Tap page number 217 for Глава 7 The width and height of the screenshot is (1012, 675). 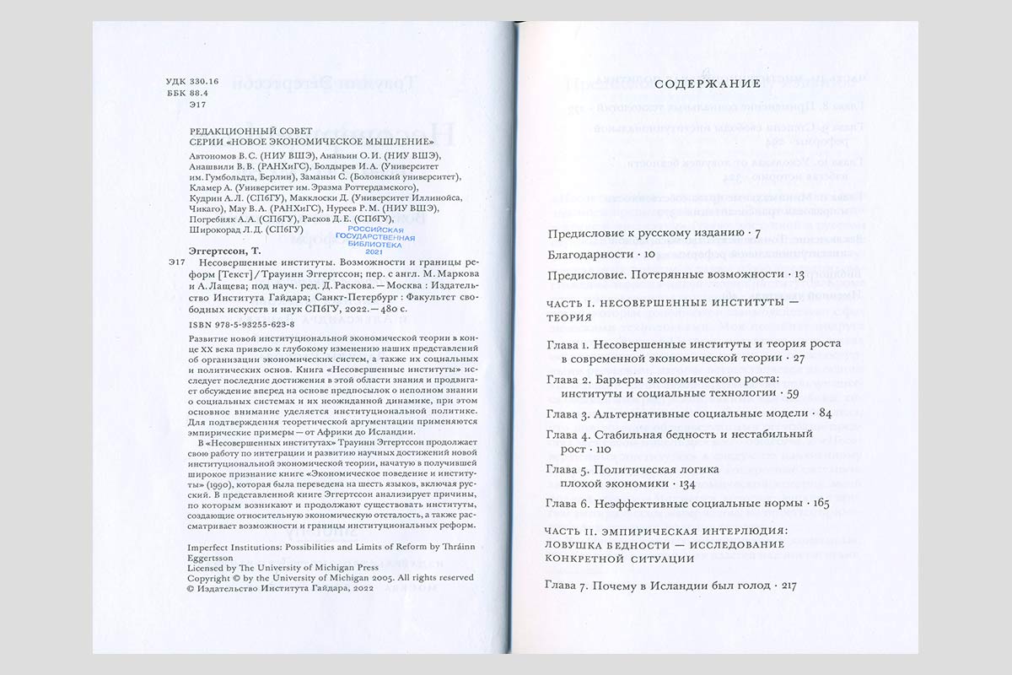pyautogui.click(x=787, y=585)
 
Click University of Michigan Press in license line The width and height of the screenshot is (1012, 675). pyautogui.click(x=299, y=568)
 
